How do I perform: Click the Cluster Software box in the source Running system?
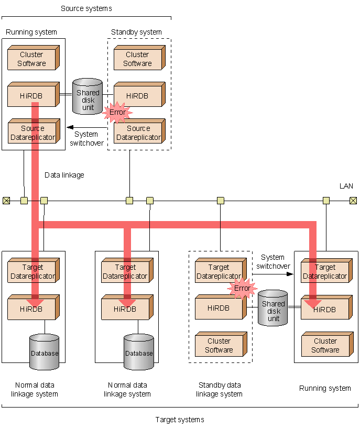point(32,59)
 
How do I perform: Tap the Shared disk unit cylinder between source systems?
point(88,96)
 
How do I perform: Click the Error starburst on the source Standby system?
point(117,112)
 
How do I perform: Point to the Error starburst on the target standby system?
point(242,288)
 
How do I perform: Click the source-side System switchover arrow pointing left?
point(86,128)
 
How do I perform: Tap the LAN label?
point(346,186)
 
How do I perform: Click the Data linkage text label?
point(64,175)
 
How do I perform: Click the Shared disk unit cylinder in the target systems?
point(273,310)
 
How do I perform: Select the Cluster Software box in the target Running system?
point(325,346)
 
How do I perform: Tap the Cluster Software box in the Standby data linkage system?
point(219,346)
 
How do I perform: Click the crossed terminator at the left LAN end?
point(6,200)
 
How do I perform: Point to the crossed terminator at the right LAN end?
point(353,200)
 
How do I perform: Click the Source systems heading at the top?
point(86,8)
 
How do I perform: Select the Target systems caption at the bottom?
point(180,420)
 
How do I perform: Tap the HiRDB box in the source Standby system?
point(137,96)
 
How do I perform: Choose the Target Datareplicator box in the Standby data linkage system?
point(219,272)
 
